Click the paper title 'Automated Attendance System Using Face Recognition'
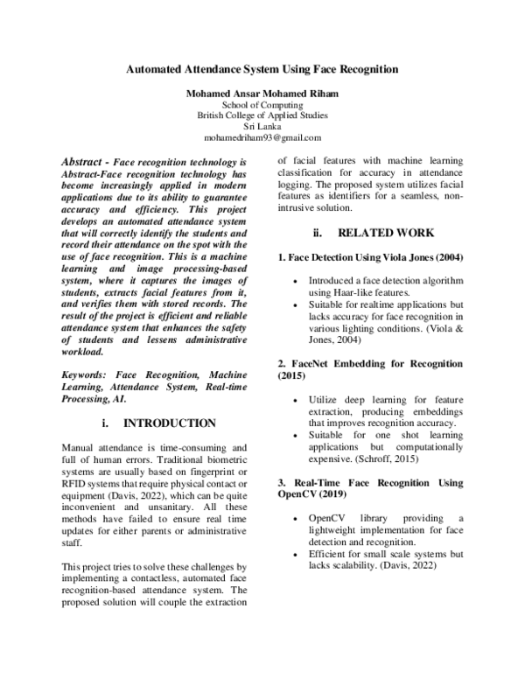(262, 68)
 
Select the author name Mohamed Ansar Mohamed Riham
(262, 92)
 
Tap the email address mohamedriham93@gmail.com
(262, 138)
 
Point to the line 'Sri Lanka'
(262, 126)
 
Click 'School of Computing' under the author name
(262, 103)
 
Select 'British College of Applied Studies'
(262, 115)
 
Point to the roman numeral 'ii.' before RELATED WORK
(319, 234)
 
